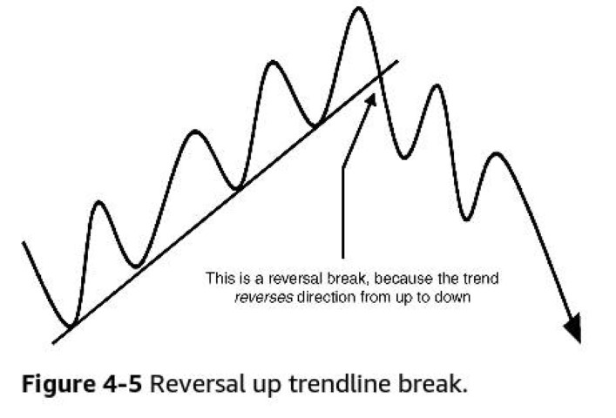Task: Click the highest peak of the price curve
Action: [359, 8]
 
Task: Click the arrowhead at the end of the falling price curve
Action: [574, 328]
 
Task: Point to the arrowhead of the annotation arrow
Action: [371, 99]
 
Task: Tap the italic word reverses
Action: [264, 297]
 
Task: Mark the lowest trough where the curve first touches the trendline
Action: [71, 327]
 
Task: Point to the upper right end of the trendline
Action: [398, 61]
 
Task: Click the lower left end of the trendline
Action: [53, 343]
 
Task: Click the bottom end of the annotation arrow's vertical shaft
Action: [343, 258]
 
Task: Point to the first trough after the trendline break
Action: [404, 158]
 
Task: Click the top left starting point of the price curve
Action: [24, 243]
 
